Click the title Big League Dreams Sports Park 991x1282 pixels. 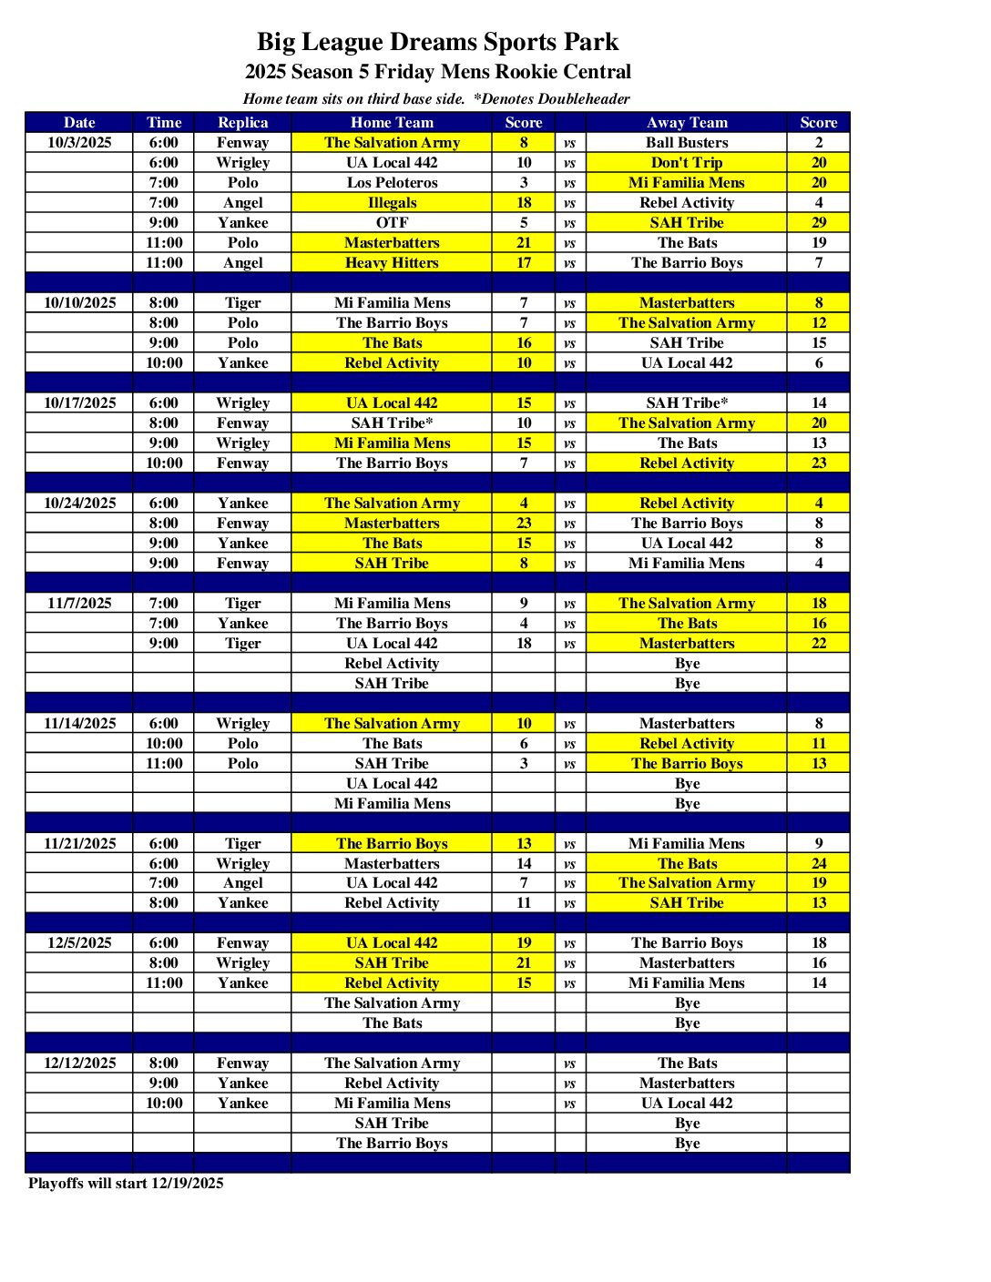tap(437, 42)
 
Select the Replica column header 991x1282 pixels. tap(243, 122)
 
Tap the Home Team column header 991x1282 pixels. tap(392, 122)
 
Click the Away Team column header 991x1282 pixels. tap(687, 122)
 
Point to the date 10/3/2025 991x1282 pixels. tap(79, 142)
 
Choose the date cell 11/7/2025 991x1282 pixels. tap(79, 603)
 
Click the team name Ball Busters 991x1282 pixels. tap(687, 142)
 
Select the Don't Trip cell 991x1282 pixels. tap(687, 162)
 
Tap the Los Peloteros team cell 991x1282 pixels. tap(392, 182)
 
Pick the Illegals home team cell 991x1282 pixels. tap(392, 202)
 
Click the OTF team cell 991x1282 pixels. tap(392, 222)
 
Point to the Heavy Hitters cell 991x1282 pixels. tap(392, 262)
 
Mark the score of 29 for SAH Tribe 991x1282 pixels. tap(819, 222)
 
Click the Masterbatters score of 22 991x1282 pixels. tap(819, 643)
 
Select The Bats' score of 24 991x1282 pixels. tap(819, 863)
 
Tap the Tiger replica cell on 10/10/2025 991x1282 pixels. tap(243, 302)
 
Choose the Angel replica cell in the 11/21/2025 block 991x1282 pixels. tap(243, 882)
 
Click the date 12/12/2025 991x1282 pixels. tap(79, 1063)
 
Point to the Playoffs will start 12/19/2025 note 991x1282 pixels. tap(126, 1183)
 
